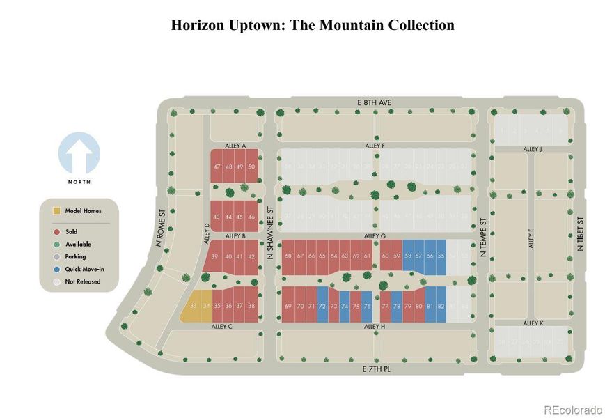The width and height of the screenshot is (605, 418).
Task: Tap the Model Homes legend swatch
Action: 56,210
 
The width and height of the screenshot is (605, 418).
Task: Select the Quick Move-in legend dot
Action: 56,269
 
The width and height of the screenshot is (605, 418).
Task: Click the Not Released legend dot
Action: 56,281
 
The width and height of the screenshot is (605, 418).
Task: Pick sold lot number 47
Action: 217,167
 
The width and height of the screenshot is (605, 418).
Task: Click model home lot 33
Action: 194,306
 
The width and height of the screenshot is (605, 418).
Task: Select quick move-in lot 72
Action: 322,306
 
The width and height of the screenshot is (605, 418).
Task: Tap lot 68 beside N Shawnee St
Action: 288,256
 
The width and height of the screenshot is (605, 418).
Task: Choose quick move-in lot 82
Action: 441,306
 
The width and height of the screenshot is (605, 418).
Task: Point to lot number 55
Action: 441,256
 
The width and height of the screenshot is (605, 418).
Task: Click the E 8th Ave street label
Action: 374,102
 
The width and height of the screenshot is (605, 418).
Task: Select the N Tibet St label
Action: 579,234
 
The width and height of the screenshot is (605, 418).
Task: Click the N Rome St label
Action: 159,229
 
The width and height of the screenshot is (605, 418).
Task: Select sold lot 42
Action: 251,256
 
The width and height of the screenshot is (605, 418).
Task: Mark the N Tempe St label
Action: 482,237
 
